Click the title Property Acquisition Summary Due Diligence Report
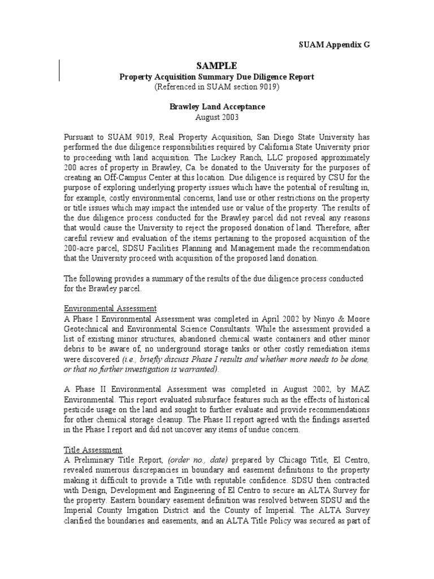coord(217,76)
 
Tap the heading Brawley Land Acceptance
coord(217,106)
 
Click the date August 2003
coord(217,117)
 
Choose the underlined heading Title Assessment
coord(93,450)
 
